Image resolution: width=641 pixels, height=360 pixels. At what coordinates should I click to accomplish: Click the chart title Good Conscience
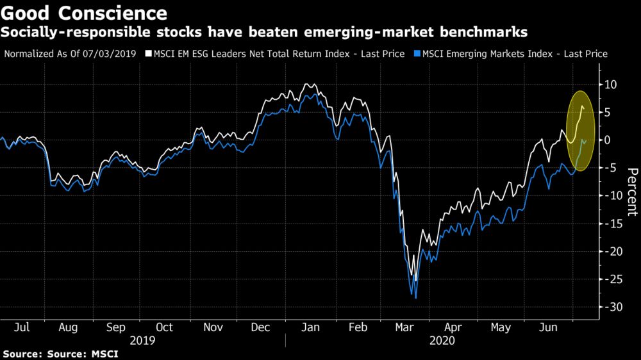(x=85, y=13)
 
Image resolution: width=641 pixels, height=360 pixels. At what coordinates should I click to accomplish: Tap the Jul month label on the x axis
(x=21, y=327)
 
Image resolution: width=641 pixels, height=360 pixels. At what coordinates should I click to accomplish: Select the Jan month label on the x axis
(x=310, y=327)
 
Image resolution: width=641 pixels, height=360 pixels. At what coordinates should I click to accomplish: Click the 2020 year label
(x=442, y=341)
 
